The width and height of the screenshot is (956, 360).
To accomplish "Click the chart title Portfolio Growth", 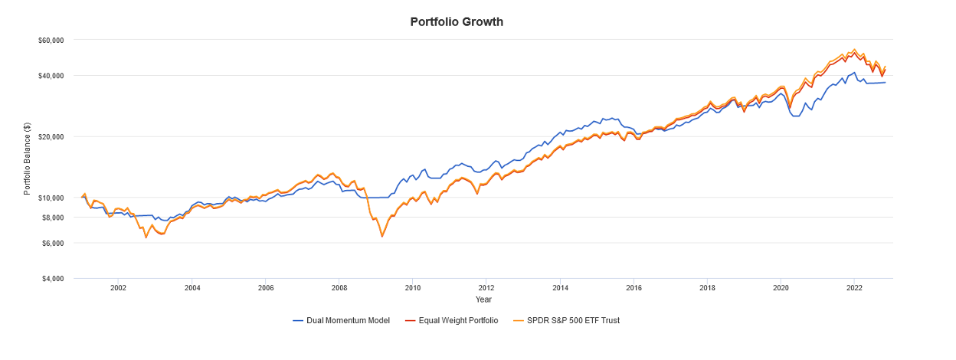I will pos(457,21).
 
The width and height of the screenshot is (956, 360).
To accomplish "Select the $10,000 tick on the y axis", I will pos(52,198).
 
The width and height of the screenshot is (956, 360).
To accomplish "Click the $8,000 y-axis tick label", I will pos(54,218).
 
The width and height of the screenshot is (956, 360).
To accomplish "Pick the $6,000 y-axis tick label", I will pos(54,243).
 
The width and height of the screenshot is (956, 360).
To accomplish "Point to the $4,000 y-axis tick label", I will pos(54,279).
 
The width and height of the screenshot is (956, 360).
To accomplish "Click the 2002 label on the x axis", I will pos(118,288).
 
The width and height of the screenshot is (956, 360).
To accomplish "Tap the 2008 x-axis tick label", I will pos(339,288).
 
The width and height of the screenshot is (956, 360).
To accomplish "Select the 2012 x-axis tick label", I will pos(486,288).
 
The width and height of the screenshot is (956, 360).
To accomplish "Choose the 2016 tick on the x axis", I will pos(634,288).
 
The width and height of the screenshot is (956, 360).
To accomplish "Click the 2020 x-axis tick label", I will pos(781,288).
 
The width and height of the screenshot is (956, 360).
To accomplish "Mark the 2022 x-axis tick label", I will pos(854,288).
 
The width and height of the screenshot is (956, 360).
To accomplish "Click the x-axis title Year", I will pos(483,299).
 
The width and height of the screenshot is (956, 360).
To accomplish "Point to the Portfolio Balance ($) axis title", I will pos(27,158).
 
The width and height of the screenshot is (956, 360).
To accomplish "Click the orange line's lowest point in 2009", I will pos(381,237).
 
